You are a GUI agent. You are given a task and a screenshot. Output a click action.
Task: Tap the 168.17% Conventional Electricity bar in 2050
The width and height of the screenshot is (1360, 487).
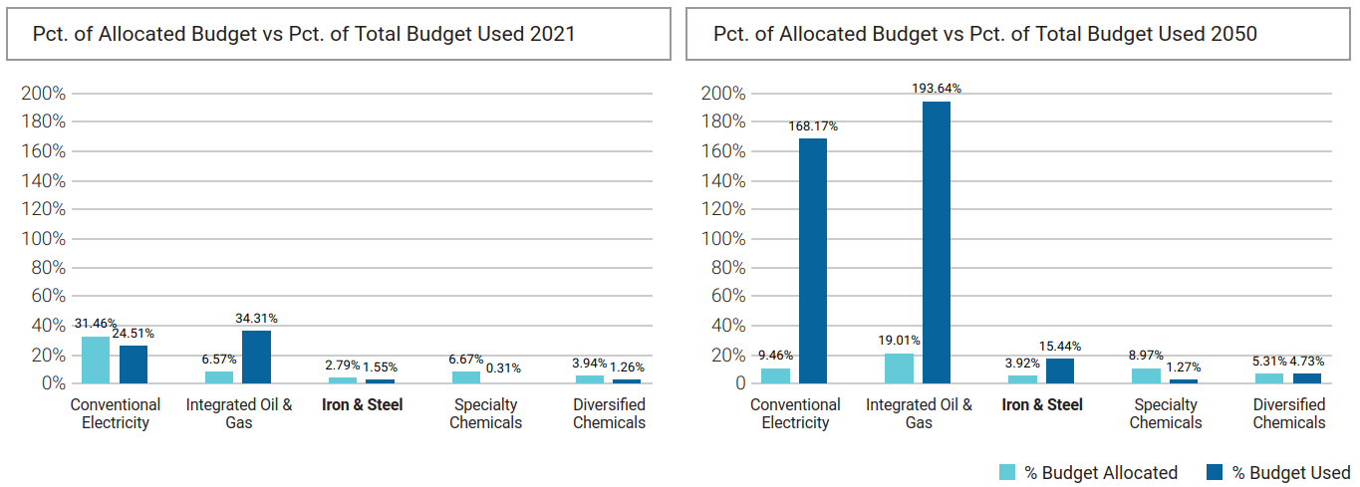813,260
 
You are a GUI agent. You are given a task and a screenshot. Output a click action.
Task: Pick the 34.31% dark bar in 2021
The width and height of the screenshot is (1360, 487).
256,357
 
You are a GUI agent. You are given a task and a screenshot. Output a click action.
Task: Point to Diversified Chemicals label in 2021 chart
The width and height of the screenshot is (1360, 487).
609,413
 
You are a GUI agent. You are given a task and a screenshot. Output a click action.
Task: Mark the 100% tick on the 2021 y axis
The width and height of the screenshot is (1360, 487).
43,239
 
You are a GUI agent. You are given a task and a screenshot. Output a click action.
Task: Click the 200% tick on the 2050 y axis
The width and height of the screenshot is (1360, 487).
723,94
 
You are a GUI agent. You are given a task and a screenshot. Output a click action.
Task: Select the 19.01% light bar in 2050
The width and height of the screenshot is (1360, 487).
899,368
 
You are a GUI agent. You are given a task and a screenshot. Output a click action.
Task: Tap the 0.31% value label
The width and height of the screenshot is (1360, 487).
503,367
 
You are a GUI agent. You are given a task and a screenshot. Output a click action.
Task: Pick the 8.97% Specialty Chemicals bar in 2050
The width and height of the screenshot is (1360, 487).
1146,375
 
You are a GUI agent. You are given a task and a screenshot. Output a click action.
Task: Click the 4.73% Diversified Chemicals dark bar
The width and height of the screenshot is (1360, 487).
1307,377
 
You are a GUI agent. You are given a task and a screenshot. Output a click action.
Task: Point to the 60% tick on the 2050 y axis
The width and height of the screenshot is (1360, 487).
727,297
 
